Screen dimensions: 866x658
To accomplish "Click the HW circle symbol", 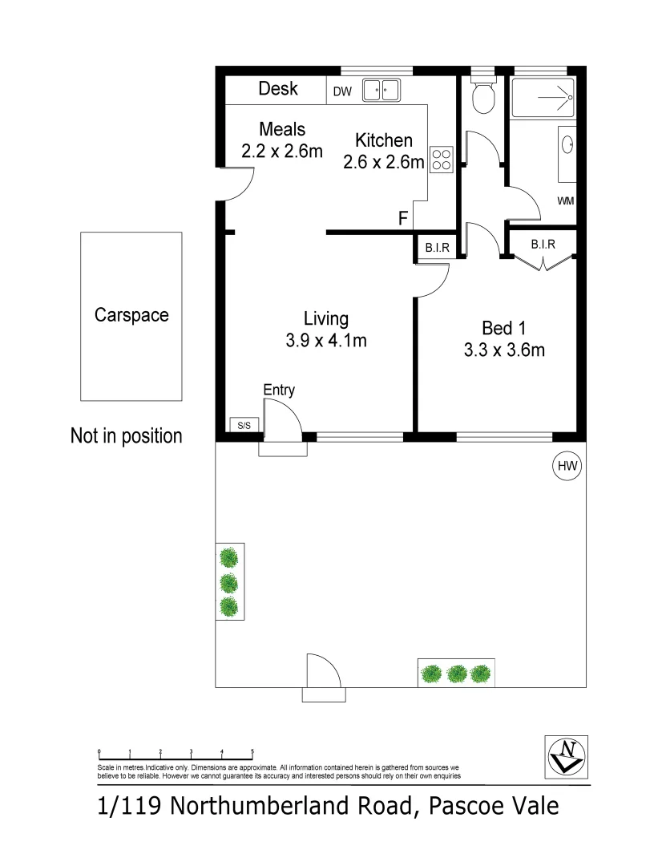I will point(567,465).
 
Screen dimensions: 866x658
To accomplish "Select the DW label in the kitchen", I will point(342,91).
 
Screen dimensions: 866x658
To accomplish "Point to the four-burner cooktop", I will point(440,160).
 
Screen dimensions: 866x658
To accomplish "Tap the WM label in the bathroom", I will point(566,200).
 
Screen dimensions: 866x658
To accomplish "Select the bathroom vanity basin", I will point(568,145).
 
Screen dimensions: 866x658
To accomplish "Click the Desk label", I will point(278,88).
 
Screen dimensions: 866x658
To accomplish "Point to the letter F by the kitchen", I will point(404,218).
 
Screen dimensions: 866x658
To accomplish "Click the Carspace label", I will point(131,315).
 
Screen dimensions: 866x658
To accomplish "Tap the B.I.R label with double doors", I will point(543,244).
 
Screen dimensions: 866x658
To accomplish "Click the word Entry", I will point(279,391).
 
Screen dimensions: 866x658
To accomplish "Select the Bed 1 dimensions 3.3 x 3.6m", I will point(504,350).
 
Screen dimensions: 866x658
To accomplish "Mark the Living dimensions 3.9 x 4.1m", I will point(326,341).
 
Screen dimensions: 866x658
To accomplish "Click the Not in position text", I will point(127,436).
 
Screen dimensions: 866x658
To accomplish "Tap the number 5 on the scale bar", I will point(252,751).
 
